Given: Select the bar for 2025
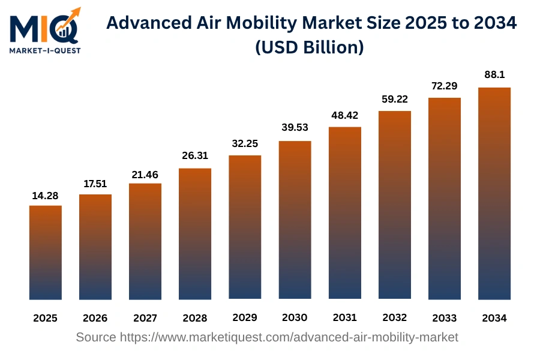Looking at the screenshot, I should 46,252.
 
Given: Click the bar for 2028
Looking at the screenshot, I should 195,233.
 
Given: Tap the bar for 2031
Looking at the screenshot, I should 344,212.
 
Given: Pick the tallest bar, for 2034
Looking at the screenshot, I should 494,193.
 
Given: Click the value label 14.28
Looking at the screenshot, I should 46,196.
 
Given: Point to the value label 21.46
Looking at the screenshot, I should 145,174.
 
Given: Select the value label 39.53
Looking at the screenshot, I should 295,128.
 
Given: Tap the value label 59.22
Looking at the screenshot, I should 394,99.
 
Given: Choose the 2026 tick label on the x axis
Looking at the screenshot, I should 95,318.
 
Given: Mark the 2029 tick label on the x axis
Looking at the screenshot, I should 245,317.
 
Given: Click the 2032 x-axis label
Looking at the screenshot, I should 394,317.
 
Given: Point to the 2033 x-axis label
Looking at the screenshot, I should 444,317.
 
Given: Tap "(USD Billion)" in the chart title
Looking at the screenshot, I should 310,48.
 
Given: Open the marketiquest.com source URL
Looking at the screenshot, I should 289,337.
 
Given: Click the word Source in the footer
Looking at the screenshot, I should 96,337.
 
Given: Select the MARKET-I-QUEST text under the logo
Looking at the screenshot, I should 45,50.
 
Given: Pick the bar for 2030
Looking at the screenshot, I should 295,220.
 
